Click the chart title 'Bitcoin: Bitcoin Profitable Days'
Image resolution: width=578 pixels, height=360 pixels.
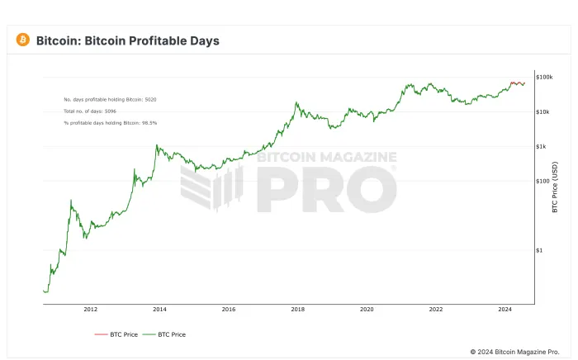click(128, 40)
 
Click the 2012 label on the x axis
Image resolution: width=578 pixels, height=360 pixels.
click(90, 310)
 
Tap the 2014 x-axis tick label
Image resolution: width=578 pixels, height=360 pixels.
click(159, 310)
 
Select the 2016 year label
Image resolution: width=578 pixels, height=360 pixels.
click(229, 310)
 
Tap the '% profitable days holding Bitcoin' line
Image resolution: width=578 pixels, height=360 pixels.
click(111, 122)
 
